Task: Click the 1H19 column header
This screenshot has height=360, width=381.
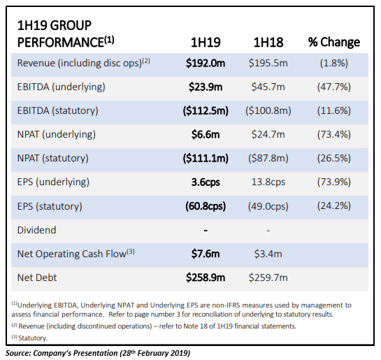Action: click(x=206, y=42)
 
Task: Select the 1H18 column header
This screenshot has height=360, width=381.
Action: click(x=268, y=42)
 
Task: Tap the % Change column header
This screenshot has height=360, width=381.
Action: click(x=334, y=42)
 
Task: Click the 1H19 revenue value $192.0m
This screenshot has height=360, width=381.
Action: click(x=206, y=63)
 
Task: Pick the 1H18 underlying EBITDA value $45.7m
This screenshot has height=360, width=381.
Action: click(x=268, y=87)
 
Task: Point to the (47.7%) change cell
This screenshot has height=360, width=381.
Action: click(x=334, y=87)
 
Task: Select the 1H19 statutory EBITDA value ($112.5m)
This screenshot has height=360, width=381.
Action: click(x=206, y=110)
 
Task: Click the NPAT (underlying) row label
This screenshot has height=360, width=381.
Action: click(x=57, y=135)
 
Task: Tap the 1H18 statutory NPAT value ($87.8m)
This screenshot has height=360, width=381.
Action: click(x=268, y=159)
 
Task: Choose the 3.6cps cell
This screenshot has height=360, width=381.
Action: click(x=206, y=182)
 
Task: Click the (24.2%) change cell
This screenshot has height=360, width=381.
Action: click(x=334, y=206)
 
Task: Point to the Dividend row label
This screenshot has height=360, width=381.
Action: click(x=36, y=230)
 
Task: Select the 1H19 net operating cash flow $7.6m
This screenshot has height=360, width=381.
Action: click(x=206, y=254)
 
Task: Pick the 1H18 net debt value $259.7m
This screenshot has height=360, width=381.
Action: click(x=268, y=278)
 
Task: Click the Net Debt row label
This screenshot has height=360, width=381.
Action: click(x=37, y=278)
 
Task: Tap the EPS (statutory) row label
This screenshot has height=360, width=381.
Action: click(x=50, y=206)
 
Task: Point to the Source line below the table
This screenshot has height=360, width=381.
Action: click(x=98, y=353)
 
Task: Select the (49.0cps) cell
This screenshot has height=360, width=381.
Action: click(x=268, y=206)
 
